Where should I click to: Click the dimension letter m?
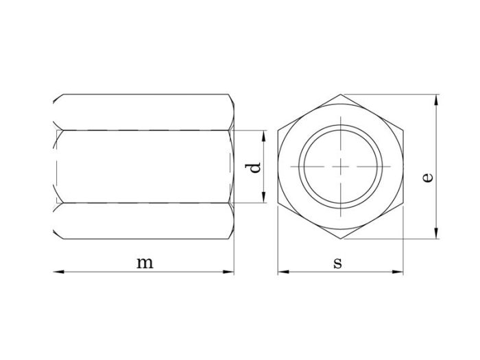pos(144,263)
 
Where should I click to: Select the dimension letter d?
pos(254,167)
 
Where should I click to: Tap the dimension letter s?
pos(338,263)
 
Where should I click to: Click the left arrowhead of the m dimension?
pos(58,272)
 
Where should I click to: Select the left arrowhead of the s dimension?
pos(282,272)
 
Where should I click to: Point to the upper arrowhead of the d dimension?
pos(262,133)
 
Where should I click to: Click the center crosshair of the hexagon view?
pos(340,167)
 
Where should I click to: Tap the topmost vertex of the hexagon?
pos(340,95)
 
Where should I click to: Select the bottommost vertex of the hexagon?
pos(340,239)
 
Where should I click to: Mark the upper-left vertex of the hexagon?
pos(278,130)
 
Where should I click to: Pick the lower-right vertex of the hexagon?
pos(403,203)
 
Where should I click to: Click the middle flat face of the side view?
pos(144,167)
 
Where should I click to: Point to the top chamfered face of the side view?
pos(144,112)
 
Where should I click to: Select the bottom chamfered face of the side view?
pos(144,221)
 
